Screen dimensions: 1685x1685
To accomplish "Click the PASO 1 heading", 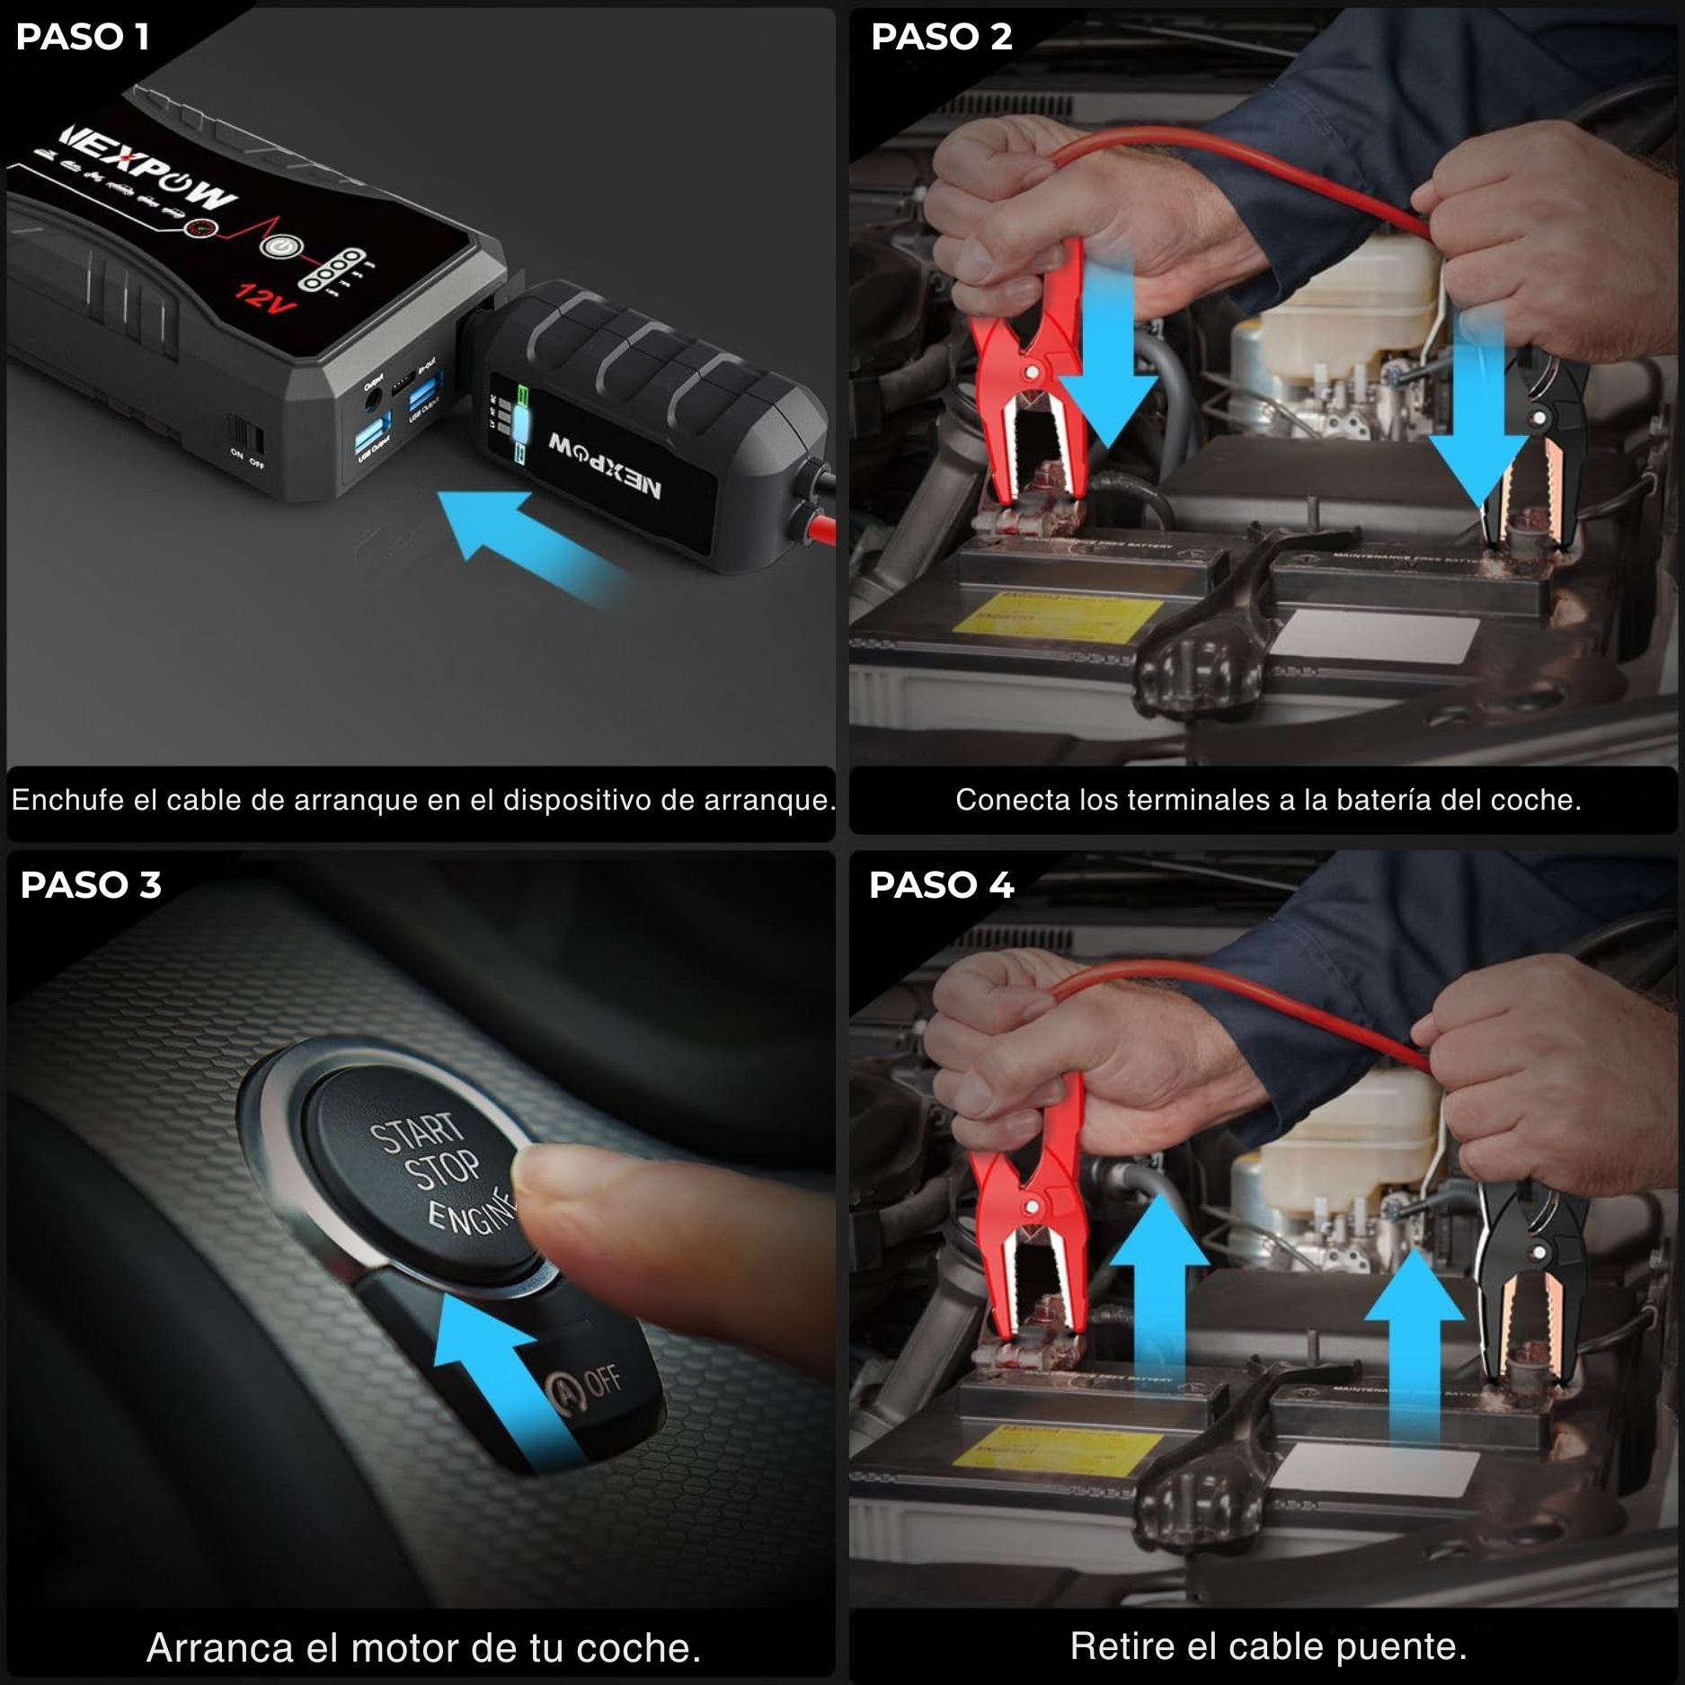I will tap(83, 37).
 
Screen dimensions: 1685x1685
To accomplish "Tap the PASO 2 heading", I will tap(941, 37).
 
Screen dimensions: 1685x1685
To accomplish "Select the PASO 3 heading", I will tap(91, 885).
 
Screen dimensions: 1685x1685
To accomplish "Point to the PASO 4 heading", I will tap(941, 885).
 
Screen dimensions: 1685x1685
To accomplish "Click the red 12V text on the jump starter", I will tap(264, 297).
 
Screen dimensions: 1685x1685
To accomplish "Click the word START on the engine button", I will tap(416, 1134).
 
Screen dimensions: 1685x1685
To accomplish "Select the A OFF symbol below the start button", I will tap(584, 1385).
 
